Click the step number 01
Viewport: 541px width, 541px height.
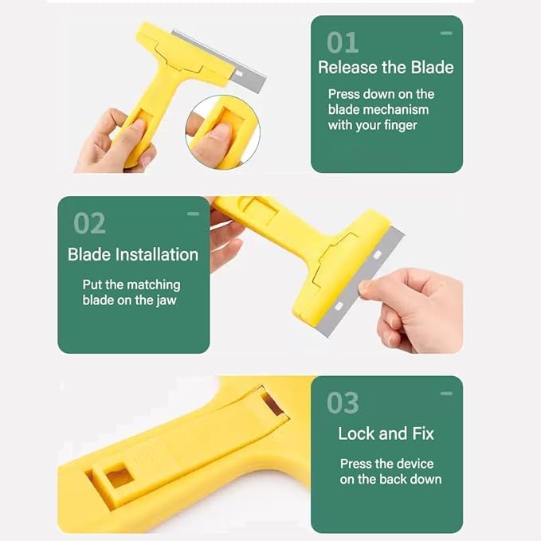point(343,41)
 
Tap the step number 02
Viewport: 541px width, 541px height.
point(89,223)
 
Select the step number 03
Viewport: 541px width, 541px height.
point(343,403)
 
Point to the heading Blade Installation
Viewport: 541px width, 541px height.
point(133,255)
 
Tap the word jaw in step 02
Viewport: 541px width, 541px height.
point(166,300)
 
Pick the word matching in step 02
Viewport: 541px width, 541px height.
point(154,284)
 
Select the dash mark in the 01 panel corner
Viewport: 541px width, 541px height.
point(446,33)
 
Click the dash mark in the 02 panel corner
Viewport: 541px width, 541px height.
point(193,214)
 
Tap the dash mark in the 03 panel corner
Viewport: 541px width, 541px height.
point(446,394)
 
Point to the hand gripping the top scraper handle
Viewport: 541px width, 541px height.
point(112,142)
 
